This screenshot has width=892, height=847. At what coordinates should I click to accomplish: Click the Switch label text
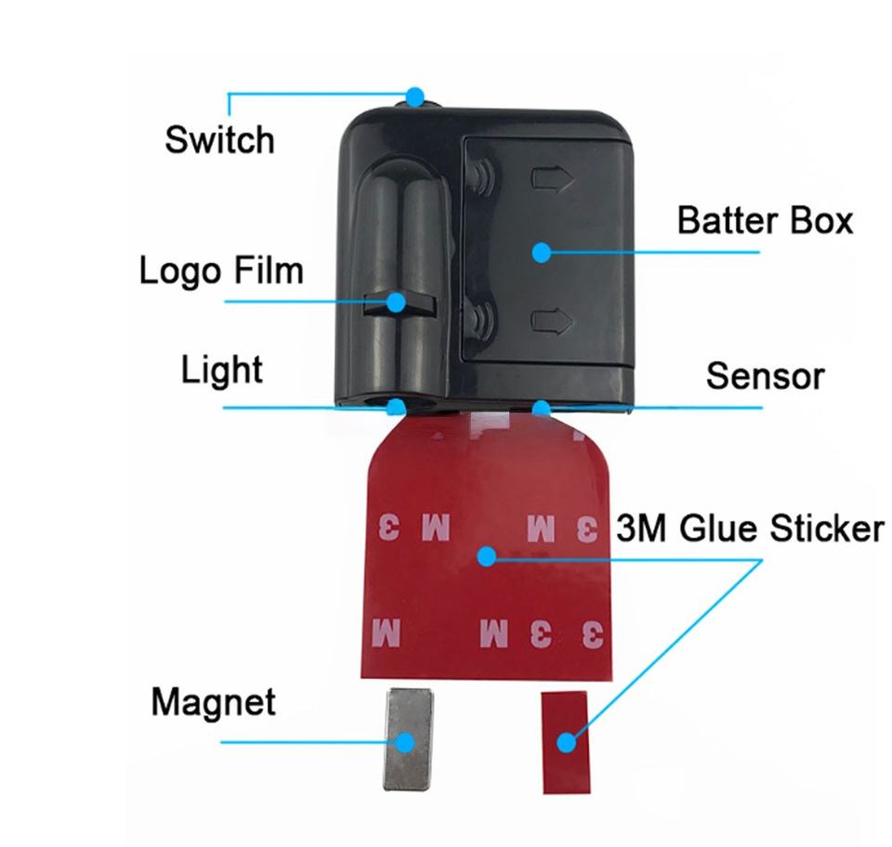coord(219,140)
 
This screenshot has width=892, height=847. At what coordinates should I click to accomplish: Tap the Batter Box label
coord(764,221)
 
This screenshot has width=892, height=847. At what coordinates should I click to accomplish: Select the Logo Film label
coord(221,271)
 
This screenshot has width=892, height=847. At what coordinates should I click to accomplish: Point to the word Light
coord(221,370)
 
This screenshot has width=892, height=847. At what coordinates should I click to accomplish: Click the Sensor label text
coord(765,376)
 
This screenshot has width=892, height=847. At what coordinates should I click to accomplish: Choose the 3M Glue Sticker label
coord(749,528)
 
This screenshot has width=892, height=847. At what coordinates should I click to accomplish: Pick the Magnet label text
coord(213,701)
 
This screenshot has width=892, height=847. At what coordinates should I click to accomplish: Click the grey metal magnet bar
coord(403,739)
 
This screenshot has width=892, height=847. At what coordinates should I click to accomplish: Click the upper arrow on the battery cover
coord(549,176)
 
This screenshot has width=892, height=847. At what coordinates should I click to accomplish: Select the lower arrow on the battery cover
coord(549,321)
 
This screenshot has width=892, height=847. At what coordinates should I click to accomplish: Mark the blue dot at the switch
coord(415,95)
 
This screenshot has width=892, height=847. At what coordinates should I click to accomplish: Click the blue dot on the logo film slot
coord(398,302)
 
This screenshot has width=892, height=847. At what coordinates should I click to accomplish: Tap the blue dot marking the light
coord(398,407)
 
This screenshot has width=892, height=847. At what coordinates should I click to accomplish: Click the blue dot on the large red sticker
coord(485,556)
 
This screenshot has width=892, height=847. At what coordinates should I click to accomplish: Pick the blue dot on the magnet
coord(404,741)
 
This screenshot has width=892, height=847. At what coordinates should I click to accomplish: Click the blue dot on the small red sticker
coord(566,741)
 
